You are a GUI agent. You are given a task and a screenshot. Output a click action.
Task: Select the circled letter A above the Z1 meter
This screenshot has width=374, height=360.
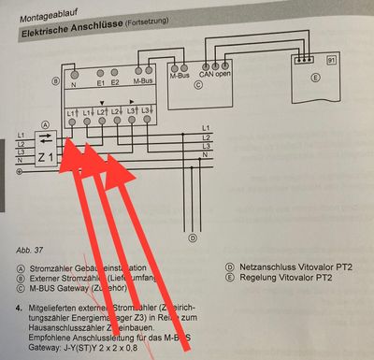[45, 125]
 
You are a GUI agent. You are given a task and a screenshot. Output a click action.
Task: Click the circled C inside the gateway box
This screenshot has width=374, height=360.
[197, 83]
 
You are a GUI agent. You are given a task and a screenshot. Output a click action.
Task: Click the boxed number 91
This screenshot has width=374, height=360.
[330, 60]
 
